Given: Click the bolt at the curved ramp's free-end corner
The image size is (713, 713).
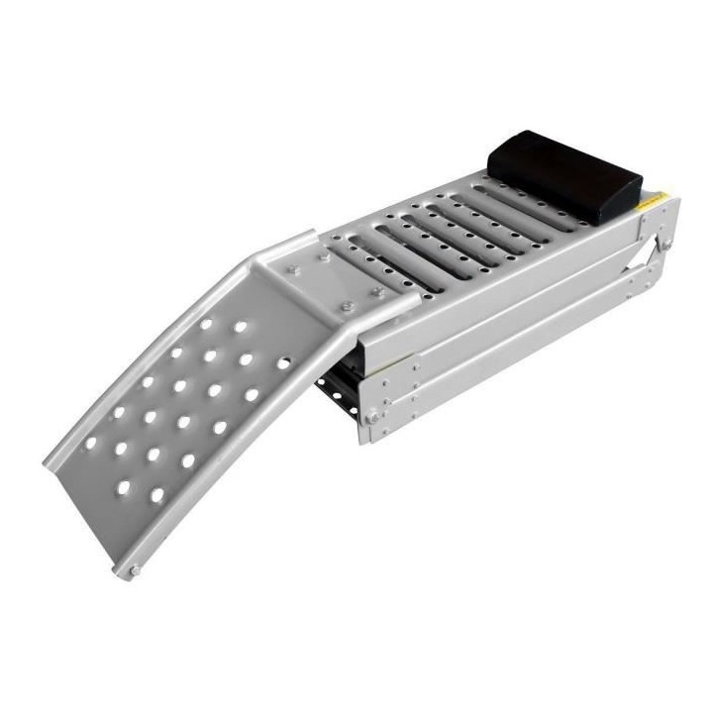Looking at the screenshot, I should (133, 569).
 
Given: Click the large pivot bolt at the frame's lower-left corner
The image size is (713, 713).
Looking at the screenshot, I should (373, 418).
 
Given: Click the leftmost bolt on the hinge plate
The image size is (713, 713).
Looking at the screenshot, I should (293, 268).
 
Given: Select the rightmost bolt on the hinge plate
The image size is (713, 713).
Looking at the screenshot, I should (379, 292).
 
